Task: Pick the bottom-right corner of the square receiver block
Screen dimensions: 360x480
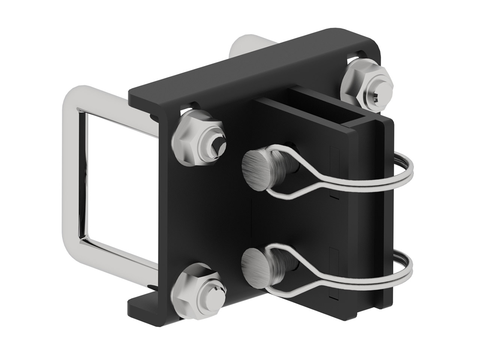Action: click(x=390, y=304)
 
